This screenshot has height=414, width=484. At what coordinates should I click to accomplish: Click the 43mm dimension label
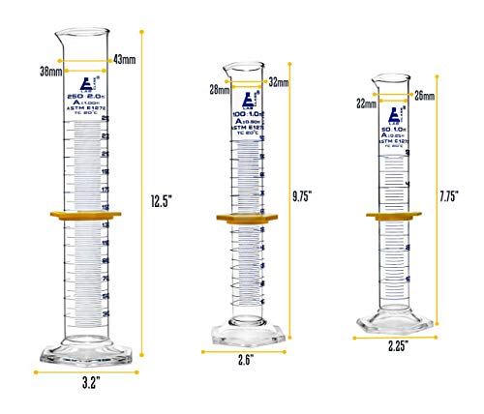pyautogui.click(x=125, y=60)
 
